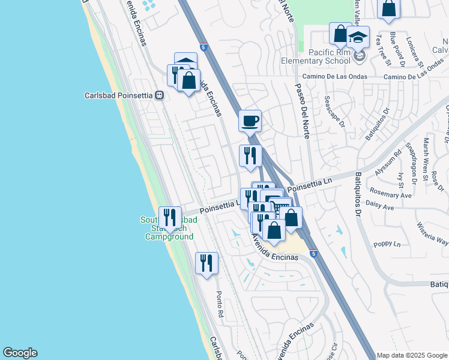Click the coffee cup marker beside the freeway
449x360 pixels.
tap(250, 121)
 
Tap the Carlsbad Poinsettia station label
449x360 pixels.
tap(119, 95)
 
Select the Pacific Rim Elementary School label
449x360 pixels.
tap(316, 56)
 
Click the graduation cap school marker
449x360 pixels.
tap(358, 37)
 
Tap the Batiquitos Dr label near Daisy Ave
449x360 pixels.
tap(358, 194)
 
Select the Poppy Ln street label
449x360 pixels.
tap(388, 244)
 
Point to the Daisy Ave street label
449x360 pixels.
tap(380, 208)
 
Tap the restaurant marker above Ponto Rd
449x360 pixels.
tap(206, 263)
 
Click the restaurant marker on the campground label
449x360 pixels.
tap(170, 217)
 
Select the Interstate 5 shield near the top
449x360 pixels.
tap(204, 47)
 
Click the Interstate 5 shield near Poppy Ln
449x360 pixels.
tap(314, 254)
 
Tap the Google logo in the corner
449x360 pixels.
tap(20, 353)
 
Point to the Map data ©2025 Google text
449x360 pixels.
tap(411, 355)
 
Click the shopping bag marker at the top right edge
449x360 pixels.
tap(388, 8)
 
